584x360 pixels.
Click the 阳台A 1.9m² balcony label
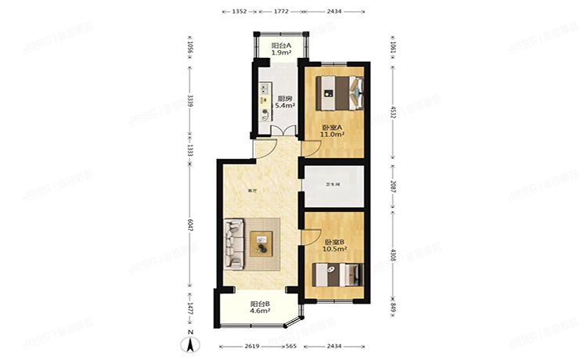coord(282,49)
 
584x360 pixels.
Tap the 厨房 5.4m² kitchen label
coord(286,102)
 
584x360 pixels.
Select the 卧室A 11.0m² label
coord(333,131)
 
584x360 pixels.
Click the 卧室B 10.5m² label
coord(335,247)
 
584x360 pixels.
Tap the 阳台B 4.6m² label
coord(261,307)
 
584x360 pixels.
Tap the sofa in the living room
coord(234,243)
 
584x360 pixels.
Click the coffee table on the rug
coord(261,244)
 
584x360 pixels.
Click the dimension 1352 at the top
coord(240,12)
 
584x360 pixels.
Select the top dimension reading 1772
coord(281,12)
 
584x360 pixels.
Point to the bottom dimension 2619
coord(252,346)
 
